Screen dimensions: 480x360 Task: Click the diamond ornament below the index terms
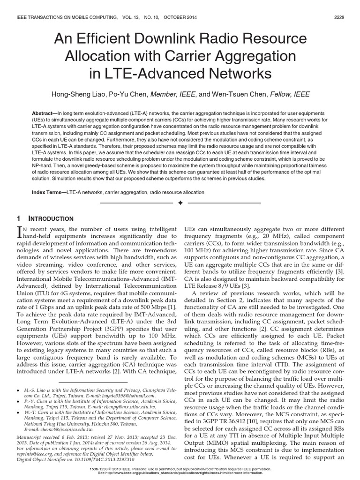point(180,203)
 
